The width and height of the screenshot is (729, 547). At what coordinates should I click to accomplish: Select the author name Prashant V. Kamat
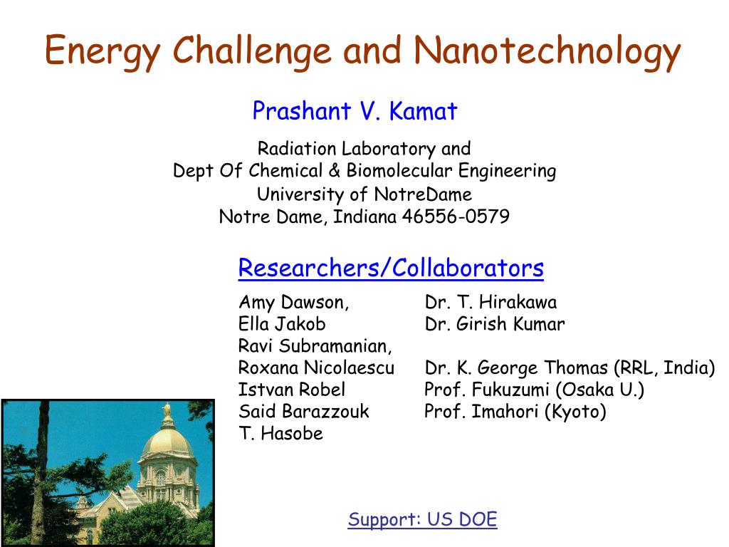[x=355, y=111]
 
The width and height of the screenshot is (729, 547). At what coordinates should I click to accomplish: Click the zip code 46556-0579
[x=456, y=217]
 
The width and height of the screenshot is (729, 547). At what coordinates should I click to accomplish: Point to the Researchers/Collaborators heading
[x=391, y=269]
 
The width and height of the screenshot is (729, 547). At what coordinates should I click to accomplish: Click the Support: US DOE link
[x=422, y=519]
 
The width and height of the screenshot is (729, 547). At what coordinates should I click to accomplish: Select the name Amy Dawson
[x=294, y=303]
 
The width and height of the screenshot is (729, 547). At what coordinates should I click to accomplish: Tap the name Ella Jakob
[x=282, y=324]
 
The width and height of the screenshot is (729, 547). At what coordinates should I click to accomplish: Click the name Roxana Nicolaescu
[x=316, y=368]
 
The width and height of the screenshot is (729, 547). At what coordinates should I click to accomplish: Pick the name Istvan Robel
[x=292, y=390]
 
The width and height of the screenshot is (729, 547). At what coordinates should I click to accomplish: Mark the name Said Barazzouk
[x=304, y=412]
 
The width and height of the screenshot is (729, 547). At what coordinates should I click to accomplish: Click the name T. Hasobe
[x=280, y=433]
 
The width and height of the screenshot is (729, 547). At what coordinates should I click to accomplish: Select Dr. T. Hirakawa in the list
[x=491, y=303]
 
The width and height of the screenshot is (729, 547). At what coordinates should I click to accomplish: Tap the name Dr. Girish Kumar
[x=495, y=324]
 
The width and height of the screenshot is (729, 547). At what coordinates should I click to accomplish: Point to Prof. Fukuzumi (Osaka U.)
[x=534, y=390]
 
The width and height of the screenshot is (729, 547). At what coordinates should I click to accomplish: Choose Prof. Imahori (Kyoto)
[x=515, y=412]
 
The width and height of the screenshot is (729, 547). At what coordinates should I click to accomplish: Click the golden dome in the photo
[x=167, y=442]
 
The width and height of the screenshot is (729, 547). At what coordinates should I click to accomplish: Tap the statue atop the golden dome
[x=167, y=411]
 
